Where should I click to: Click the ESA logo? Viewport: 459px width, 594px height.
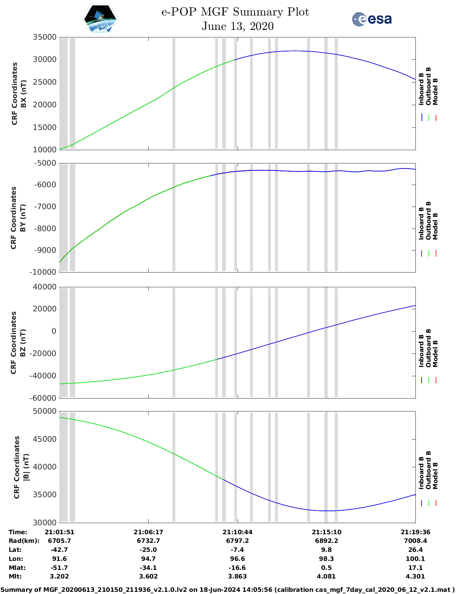click(372, 19)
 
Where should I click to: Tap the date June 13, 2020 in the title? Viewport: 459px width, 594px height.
click(237, 26)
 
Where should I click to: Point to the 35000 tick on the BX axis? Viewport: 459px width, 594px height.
click(45, 37)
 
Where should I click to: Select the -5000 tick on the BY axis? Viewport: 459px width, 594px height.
click(45, 163)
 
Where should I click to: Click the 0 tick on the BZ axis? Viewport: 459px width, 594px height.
click(54, 331)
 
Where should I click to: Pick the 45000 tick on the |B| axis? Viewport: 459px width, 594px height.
click(45, 439)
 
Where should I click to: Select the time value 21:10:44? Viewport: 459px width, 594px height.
click(237, 532)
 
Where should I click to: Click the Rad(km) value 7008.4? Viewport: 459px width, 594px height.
click(415, 541)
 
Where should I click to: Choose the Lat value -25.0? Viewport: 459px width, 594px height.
click(148, 550)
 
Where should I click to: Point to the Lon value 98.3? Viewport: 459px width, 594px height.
click(326, 559)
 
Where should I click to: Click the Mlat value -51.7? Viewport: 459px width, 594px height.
click(59, 568)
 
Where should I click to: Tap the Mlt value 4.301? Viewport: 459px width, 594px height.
click(415, 576)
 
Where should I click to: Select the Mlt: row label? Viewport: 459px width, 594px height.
click(15, 576)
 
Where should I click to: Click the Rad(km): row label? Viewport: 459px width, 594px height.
click(24, 541)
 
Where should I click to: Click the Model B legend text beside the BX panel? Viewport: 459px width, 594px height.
click(436, 91)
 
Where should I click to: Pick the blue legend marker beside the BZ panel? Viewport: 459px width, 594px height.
click(422, 380)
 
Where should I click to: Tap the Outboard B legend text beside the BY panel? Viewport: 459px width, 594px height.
click(428, 220)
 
